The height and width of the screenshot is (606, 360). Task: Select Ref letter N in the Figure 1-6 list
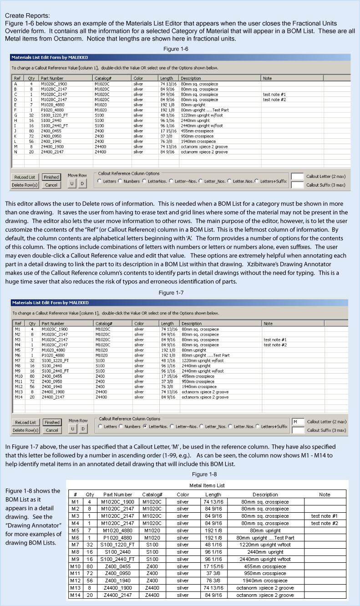pyautogui.click(x=16, y=152)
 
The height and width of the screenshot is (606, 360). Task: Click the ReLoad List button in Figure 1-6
pyautogui.click(x=25, y=177)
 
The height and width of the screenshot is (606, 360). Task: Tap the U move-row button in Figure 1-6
pyautogui.click(x=72, y=183)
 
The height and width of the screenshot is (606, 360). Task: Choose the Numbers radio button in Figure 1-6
pyautogui.click(x=121, y=181)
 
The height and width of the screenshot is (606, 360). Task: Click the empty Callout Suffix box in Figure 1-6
pyautogui.click(x=297, y=185)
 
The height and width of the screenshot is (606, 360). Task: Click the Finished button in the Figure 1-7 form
pyautogui.click(x=51, y=422)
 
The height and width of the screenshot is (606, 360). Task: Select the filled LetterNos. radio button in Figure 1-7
pyautogui.click(x=145, y=426)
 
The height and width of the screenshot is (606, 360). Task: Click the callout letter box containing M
pyautogui.click(x=297, y=422)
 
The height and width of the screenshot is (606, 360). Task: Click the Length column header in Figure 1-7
pyautogui.click(x=167, y=323)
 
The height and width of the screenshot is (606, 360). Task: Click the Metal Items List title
pyautogui.click(x=207, y=485)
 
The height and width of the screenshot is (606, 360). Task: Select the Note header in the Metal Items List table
pyautogui.click(x=325, y=495)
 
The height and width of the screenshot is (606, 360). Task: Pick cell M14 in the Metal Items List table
pyautogui.click(x=76, y=595)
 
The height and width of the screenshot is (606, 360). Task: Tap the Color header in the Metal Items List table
pyautogui.click(x=183, y=495)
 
